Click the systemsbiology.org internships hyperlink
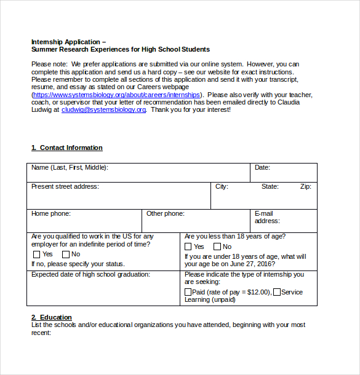(116, 95)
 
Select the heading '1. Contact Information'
(67, 148)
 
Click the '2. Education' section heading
(52, 318)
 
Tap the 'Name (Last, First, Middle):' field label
(70, 168)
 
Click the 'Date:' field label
(262, 168)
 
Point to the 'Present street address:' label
(65, 187)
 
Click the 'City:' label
(222, 187)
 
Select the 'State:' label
(270, 187)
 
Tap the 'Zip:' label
(305, 187)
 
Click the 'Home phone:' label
(51, 214)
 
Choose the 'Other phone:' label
(165, 214)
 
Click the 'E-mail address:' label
(266, 218)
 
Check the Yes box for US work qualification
(36, 255)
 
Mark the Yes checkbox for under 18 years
(188, 247)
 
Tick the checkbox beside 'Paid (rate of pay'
(188, 293)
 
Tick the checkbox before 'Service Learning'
(277, 293)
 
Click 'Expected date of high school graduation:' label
(90, 275)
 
